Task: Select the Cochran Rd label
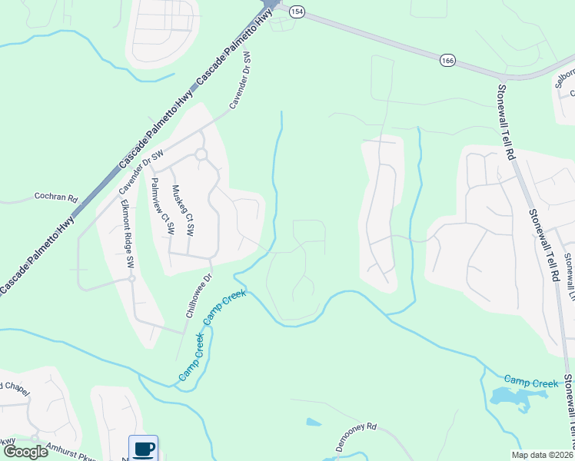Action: (56, 197)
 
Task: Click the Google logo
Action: (25, 451)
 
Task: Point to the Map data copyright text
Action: (541, 455)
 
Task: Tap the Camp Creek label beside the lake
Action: (527, 380)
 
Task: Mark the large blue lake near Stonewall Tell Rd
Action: (510, 397)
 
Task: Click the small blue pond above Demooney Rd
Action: (313, 422)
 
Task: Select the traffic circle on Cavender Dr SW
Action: (201, 154)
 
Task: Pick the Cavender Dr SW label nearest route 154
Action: (241, 80)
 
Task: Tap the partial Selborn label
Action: (565, 78)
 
